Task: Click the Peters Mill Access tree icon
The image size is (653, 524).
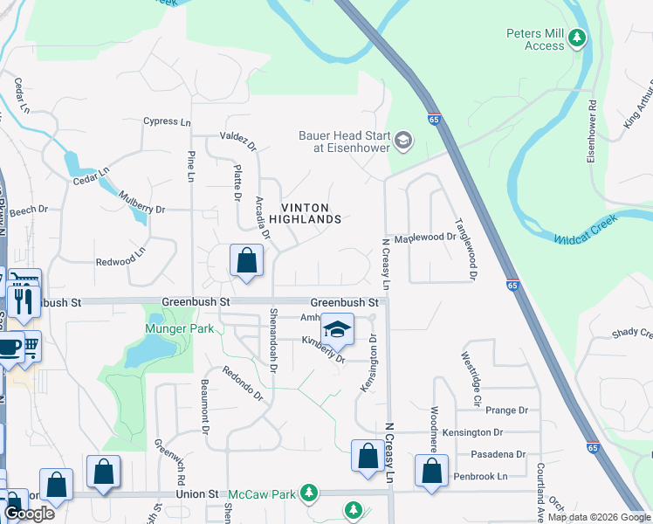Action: coord(576,38)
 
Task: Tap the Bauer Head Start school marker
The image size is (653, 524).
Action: coord(402,140)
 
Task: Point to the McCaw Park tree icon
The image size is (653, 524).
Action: coord(307,494)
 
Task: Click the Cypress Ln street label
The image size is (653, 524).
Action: coord(167,121)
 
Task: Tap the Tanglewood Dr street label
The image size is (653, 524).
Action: coord(464,249)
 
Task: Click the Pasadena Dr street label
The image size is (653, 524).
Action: coord(497,454)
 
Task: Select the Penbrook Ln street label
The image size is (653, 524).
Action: coord(480,477)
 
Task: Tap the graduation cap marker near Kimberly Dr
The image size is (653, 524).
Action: coord(337,329)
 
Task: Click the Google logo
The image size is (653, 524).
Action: coord(29,513)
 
